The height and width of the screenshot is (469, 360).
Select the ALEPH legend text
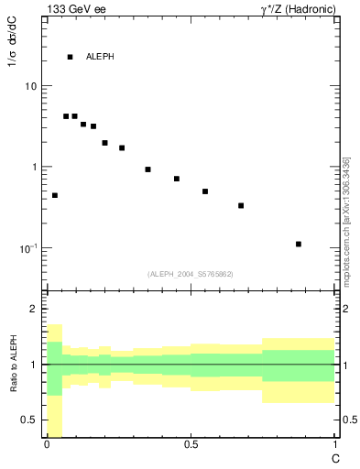click(x=100, y=57)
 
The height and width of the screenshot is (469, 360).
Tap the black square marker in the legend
click(x=70, y=57)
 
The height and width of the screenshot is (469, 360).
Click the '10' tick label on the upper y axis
click(x=29, y=86)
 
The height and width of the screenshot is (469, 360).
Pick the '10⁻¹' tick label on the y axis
click(x=27, y=247)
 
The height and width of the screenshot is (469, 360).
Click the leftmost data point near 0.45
click(x=55, y=195)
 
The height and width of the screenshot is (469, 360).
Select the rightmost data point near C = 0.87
click(x=299, y=244)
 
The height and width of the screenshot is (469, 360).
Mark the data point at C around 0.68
click(x=241, y=205)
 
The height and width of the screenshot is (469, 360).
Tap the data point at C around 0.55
click(x=205, y=191)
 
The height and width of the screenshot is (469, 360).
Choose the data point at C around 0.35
click(x=147, y=169)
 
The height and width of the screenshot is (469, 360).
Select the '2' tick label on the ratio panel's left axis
click(x=33, y=310)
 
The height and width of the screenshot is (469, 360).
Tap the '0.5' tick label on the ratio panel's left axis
click(x=29, y=420)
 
